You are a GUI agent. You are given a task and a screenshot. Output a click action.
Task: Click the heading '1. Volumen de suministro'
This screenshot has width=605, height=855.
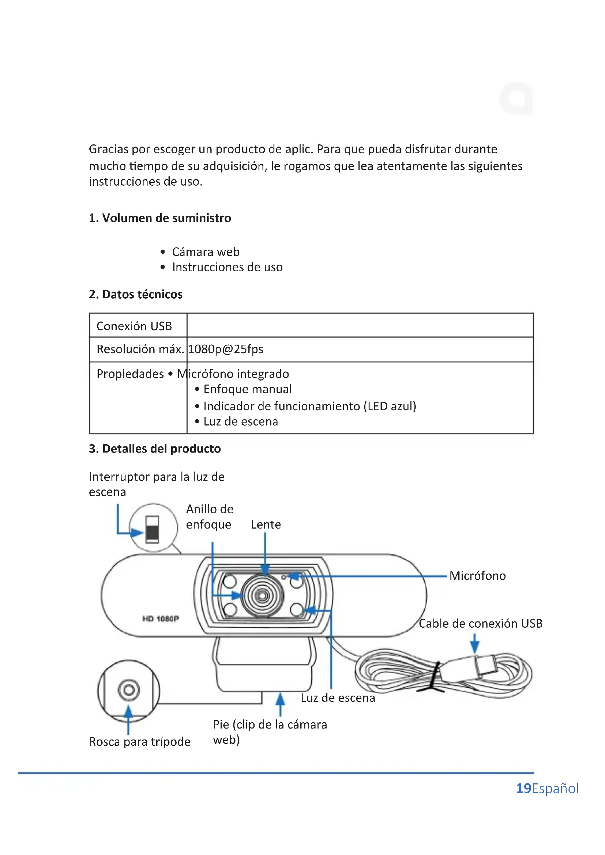160,218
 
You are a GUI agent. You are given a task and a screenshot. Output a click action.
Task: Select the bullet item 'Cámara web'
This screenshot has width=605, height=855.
205,252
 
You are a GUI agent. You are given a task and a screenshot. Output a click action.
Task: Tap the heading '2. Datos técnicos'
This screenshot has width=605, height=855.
136,294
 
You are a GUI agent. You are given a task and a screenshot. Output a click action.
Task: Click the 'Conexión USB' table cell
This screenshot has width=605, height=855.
134,326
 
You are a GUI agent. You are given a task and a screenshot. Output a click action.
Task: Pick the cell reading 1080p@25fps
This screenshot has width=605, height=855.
226,349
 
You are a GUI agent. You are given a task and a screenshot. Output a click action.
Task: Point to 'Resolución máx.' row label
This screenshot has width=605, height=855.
140,349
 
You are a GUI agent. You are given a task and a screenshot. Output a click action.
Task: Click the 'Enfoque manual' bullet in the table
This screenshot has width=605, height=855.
247,389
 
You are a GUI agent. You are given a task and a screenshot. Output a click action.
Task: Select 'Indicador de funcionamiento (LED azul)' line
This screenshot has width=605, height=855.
309,406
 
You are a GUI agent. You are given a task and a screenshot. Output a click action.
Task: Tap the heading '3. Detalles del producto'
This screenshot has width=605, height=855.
155,449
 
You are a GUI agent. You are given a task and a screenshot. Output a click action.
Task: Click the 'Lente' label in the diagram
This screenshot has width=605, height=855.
266,525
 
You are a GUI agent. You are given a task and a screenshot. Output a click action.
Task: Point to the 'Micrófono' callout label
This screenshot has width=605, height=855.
477,576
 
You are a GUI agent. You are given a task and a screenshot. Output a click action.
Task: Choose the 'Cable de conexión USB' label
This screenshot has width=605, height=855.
480,623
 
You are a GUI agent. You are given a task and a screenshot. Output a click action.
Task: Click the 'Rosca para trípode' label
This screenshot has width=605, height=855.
140,741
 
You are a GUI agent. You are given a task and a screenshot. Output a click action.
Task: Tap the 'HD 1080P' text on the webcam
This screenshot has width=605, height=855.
161,618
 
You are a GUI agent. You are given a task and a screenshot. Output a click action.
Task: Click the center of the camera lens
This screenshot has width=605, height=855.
262,596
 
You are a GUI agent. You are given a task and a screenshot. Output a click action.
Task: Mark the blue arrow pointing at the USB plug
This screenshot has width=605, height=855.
474,643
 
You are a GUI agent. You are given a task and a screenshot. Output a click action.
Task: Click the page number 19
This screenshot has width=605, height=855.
523,788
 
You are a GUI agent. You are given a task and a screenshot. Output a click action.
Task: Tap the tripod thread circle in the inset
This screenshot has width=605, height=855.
129,690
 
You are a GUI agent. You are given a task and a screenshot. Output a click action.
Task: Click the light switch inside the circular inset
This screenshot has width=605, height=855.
152,529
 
